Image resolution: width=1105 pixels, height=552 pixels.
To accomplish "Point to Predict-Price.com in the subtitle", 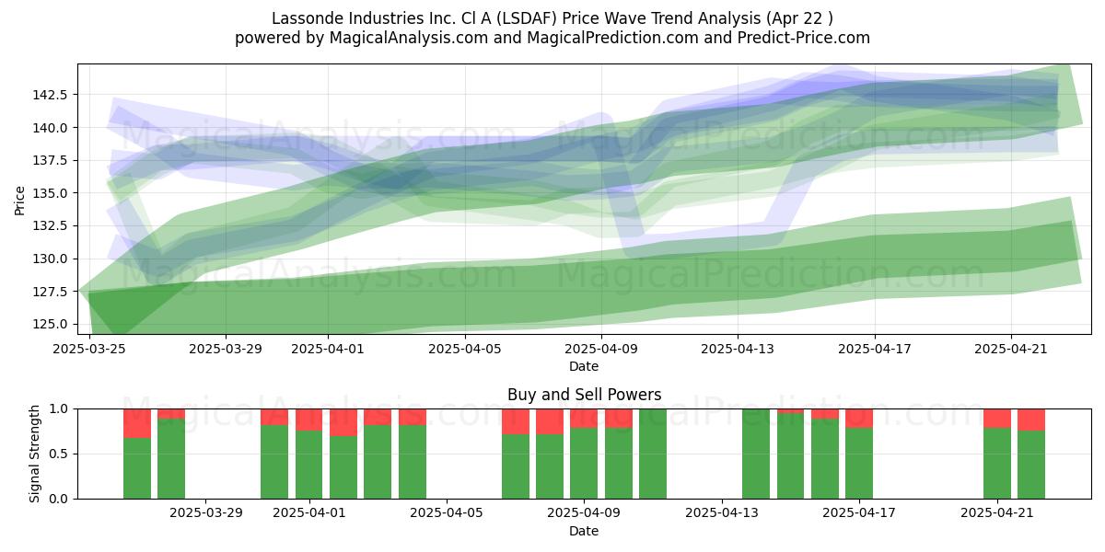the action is tap(804, 38).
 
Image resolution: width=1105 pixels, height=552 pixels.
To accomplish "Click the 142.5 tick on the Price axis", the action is tap(50, 95).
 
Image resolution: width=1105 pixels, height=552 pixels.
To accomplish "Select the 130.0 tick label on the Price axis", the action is tap(50, 259).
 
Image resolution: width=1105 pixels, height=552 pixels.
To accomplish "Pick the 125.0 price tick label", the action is tap(50, 324).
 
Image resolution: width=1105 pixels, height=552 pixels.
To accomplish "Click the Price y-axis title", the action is tap(19, 201).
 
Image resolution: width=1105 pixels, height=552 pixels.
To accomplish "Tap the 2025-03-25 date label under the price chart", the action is tap(89, 349).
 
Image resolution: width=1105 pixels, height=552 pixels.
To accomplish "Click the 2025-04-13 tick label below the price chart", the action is tap(738, 349).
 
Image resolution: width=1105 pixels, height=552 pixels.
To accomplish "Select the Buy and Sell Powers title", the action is tap(584, 395).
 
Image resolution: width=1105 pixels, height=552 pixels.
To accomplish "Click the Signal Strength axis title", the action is tap(34, 454).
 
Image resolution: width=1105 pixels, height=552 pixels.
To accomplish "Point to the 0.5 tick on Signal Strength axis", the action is tap(58, 454).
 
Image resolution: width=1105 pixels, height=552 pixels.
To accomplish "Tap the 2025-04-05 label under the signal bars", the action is tap(447, 512).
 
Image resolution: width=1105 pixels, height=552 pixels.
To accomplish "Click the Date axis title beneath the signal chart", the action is tap(584, 531).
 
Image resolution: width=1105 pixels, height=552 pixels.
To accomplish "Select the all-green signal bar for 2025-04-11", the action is tap(653, 454).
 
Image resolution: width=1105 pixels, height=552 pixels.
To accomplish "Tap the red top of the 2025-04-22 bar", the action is tap(1031, 420).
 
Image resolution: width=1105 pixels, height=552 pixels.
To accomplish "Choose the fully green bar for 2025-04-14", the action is tap(756, 454).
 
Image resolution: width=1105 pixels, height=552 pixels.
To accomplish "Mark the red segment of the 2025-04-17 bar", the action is tap(859, 419).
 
